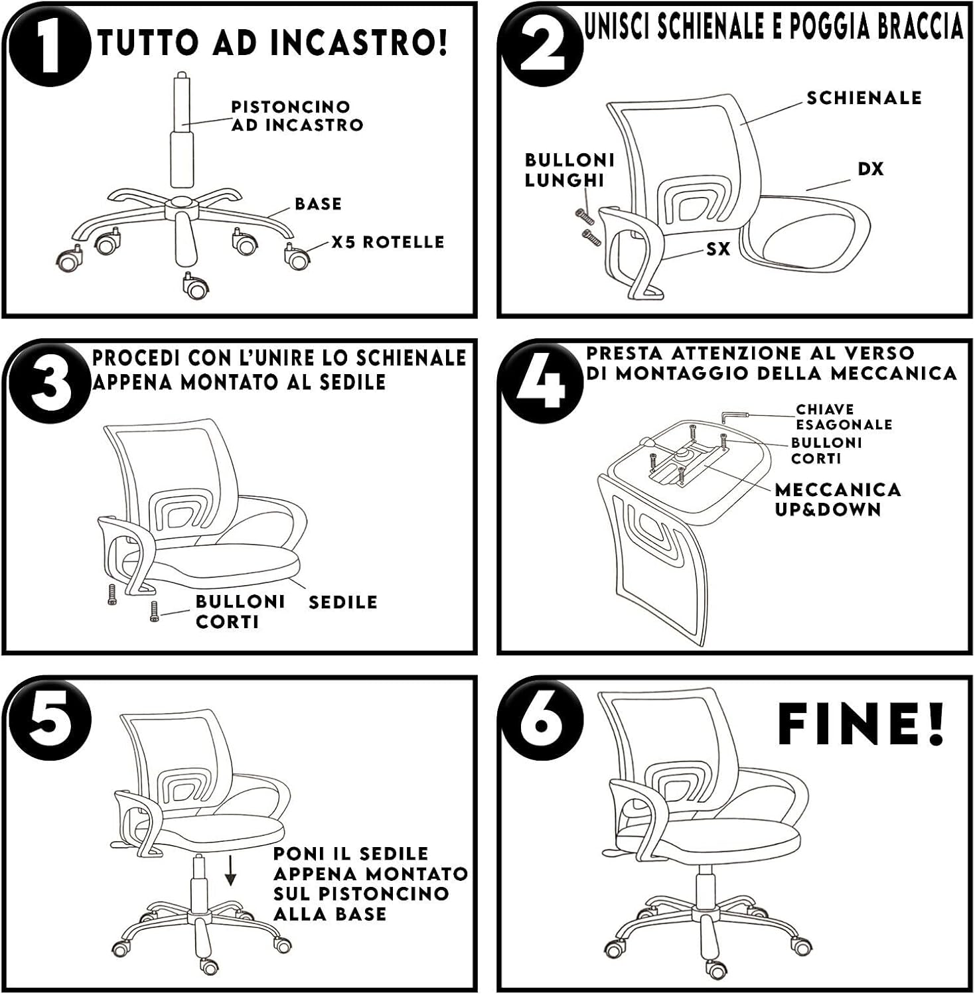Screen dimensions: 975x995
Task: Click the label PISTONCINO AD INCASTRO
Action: point(297,116)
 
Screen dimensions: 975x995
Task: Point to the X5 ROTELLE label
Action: point(388,242)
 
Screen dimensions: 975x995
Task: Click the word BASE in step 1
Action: point(319,204)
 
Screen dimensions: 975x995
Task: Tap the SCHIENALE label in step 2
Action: point(864,98)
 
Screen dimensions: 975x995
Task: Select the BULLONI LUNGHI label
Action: point(569,170)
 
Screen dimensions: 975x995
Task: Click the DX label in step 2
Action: point(871,169)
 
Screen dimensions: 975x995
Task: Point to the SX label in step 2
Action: point(718,249)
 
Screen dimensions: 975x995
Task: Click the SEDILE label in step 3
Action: point(342,602)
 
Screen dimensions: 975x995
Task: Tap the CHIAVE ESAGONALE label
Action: point(844,417)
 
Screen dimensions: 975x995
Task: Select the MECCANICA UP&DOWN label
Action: point(838,499)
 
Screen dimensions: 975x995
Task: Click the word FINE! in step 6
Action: point(861,725)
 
